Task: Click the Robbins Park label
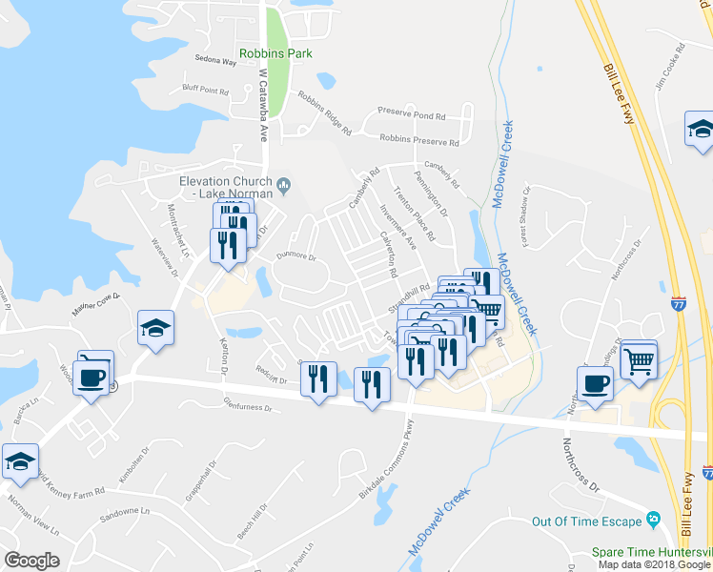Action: [x=275, y=53]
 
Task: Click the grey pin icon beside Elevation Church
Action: [x=284, y=182]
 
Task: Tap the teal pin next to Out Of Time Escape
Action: [x=653, y=519]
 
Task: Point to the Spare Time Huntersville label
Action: [x=652, y=551]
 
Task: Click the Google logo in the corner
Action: [x=31, y=560]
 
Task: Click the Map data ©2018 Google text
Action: [x=653, y=564]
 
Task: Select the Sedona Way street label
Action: [x=214, y=61]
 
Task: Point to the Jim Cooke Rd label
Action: [x=670, y=66]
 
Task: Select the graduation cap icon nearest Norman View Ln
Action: [x=20, y=462]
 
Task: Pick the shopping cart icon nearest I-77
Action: [x=639, y=360]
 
